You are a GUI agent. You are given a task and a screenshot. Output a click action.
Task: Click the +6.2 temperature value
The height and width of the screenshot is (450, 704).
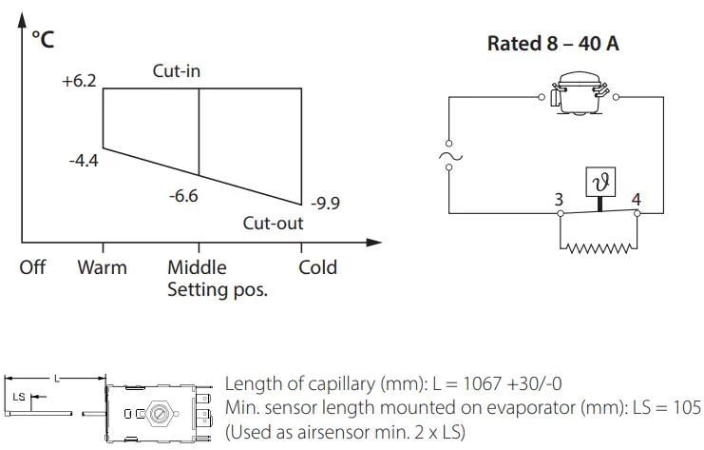pos(79,82)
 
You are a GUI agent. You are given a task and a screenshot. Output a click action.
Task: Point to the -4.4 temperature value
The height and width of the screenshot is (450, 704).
pos(83,160)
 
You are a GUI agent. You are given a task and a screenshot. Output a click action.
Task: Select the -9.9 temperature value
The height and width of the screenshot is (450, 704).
pos(325,203)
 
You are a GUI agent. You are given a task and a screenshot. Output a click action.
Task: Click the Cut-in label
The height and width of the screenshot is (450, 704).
pos(177,71)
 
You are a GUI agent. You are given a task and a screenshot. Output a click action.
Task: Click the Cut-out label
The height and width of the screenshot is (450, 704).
pos(273,224)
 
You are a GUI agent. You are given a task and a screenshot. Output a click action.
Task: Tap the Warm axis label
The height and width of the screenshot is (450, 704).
pos(102,266)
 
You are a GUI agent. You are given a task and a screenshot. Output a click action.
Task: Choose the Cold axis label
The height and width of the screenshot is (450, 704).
pos(317,266)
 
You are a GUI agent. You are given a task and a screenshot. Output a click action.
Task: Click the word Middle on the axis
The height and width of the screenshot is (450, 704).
pos(197,266)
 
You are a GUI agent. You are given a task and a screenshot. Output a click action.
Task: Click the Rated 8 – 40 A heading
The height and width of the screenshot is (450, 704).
pos(553,44)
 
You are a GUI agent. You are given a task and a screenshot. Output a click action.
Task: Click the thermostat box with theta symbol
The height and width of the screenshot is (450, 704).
pos(599,181)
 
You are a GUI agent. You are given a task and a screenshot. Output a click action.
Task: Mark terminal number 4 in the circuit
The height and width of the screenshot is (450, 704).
pos(636,200)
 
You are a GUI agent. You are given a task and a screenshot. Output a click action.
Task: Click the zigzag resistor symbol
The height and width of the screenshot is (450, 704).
pos(599,248)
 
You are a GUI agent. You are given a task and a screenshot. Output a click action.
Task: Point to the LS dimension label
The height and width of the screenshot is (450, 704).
pos(20,396)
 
